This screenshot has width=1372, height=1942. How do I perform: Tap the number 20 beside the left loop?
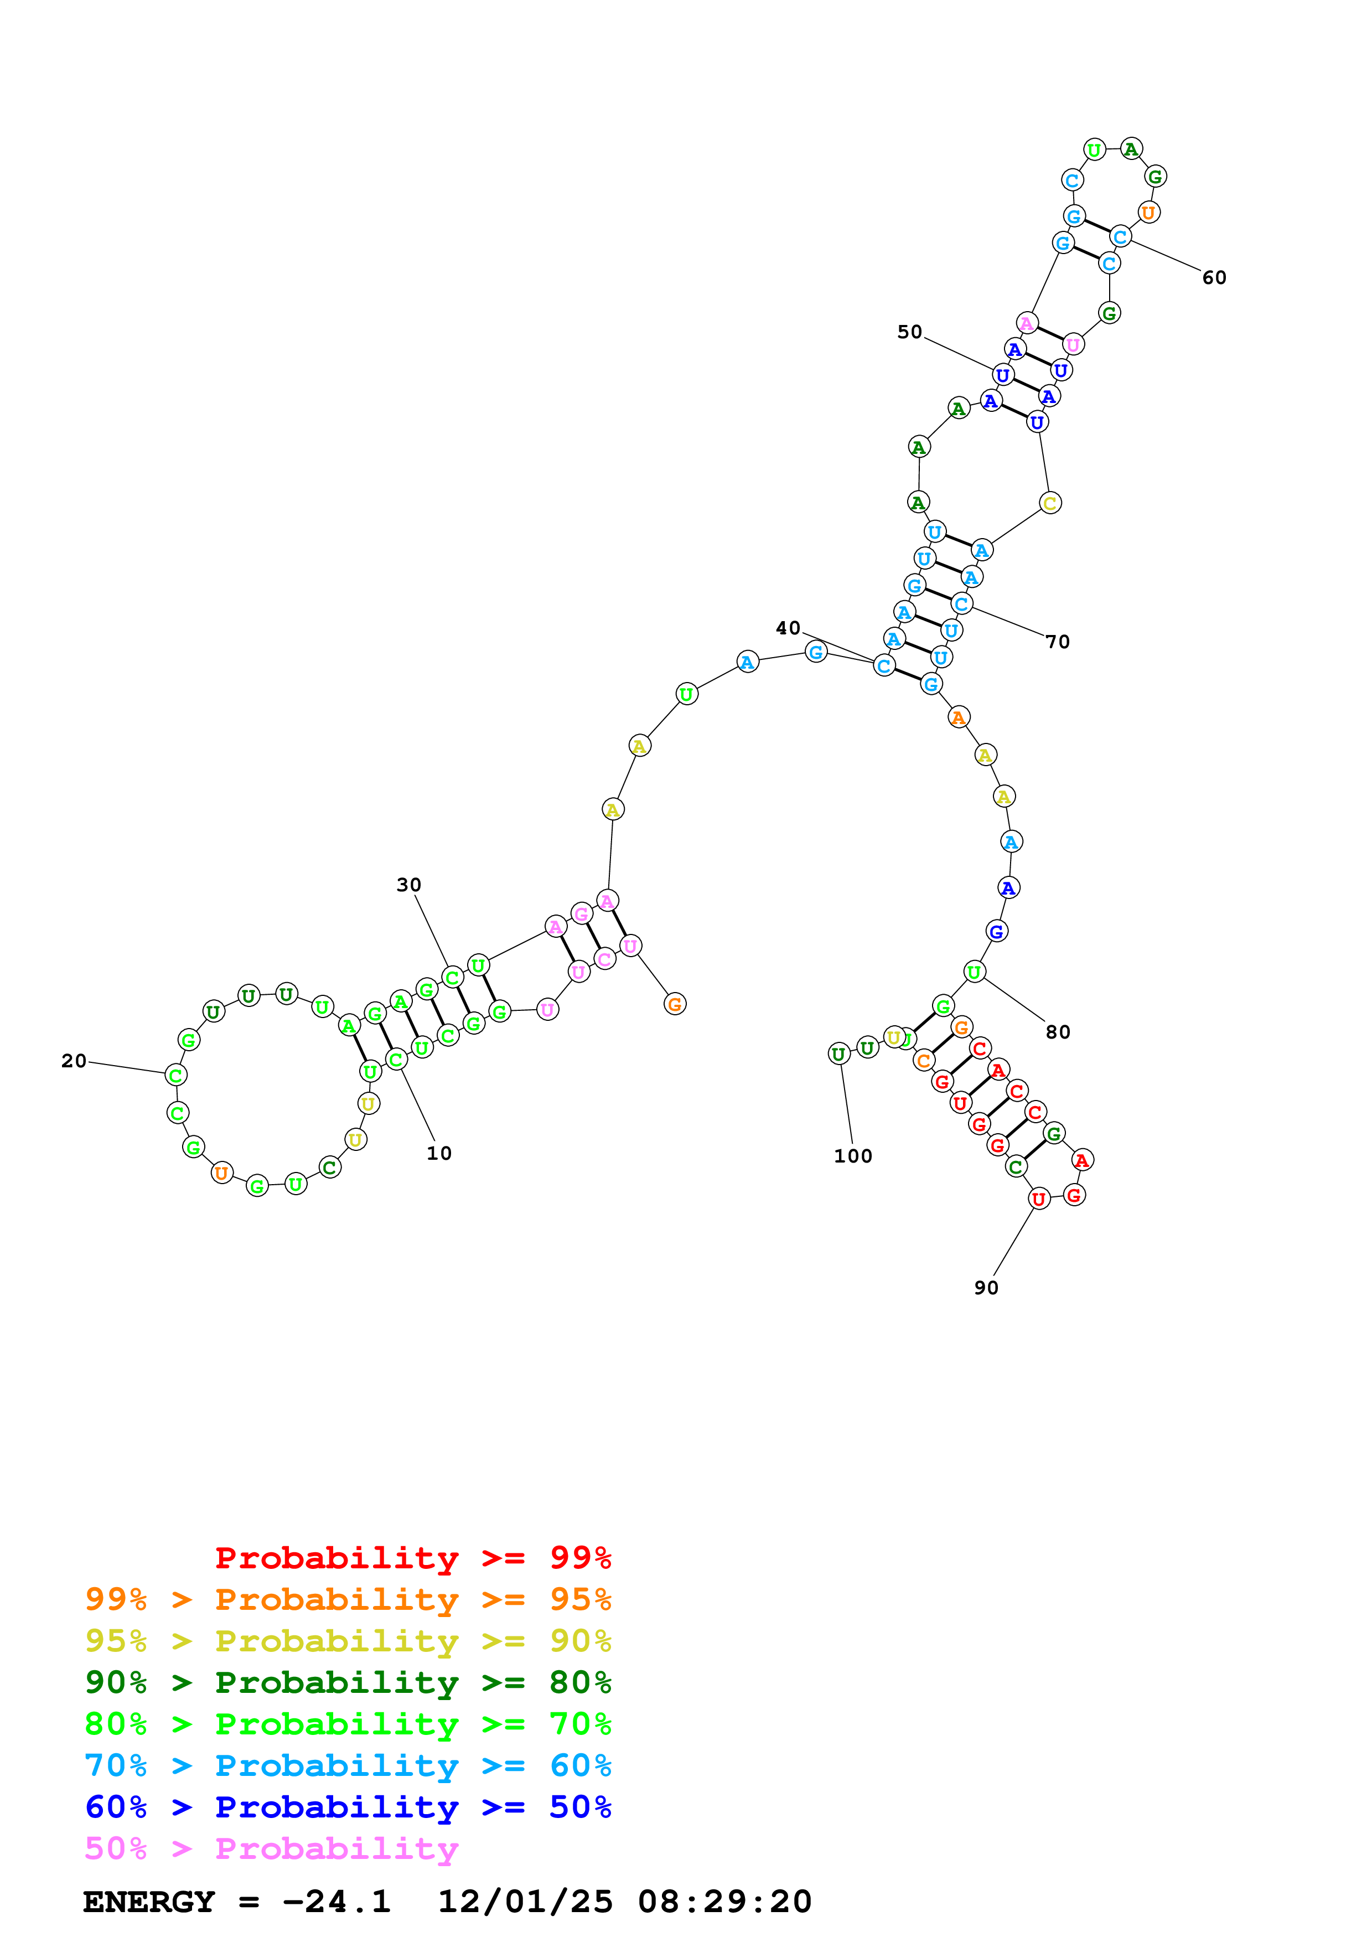click(x=74, y=1061)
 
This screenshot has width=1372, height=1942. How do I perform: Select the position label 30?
click(x=408, y=885)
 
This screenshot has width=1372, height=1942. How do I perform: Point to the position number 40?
click(x=788, y=628)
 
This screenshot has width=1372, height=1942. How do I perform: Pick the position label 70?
click(x=1058, y=642)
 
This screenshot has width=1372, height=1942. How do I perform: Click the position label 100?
click(x=852, y=1156)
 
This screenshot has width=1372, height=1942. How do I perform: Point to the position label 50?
click(x=910, y=332)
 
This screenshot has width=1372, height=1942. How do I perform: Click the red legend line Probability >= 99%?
click(x=412, y=1557)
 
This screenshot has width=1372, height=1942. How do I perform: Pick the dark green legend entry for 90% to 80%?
click(x=348, y=1682)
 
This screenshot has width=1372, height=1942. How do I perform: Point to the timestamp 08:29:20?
click(x=724, y=1902)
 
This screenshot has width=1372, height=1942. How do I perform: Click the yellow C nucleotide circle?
click(x=1049, y=503)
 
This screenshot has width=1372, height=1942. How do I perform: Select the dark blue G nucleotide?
click(x=997, y=931)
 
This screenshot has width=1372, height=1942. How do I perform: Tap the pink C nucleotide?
click(x=604, y=959)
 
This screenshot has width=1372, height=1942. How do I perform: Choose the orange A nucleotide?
click(x=958, y=717)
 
